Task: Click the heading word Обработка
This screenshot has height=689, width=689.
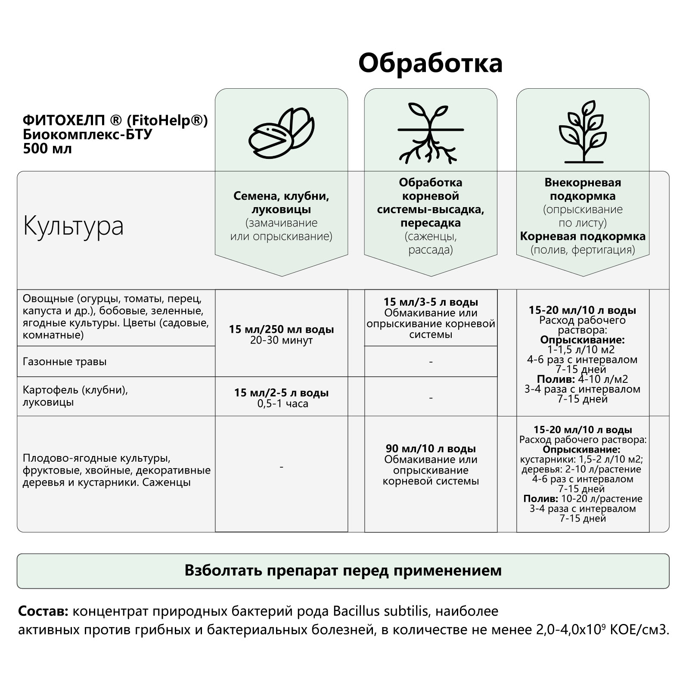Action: tap(430, 63)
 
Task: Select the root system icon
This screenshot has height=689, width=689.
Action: tap(431, 133)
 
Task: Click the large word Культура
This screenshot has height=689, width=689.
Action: tap(73, 225)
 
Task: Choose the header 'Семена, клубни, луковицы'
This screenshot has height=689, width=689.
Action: tap(281, 203)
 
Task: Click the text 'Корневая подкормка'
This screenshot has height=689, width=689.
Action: tap(583, 236)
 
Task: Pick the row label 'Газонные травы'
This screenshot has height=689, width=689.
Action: tap(65, 362)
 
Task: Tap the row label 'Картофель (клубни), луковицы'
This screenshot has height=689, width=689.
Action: tap(75, 396)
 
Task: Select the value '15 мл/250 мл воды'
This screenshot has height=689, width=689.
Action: tap(281, 329)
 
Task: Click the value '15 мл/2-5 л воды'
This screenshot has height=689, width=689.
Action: tap(281, 393)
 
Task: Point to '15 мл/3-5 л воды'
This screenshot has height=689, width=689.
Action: tap(431, 302)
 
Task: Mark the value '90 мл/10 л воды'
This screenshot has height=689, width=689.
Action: tap(431, 449)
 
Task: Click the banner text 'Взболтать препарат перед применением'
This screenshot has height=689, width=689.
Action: tap(343, 570)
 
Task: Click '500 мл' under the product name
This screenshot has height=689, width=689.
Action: tap(47, 149)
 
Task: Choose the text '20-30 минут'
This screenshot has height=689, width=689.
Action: tap(281, 340)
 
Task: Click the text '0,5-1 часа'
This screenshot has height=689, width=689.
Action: tap(282, 403)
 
